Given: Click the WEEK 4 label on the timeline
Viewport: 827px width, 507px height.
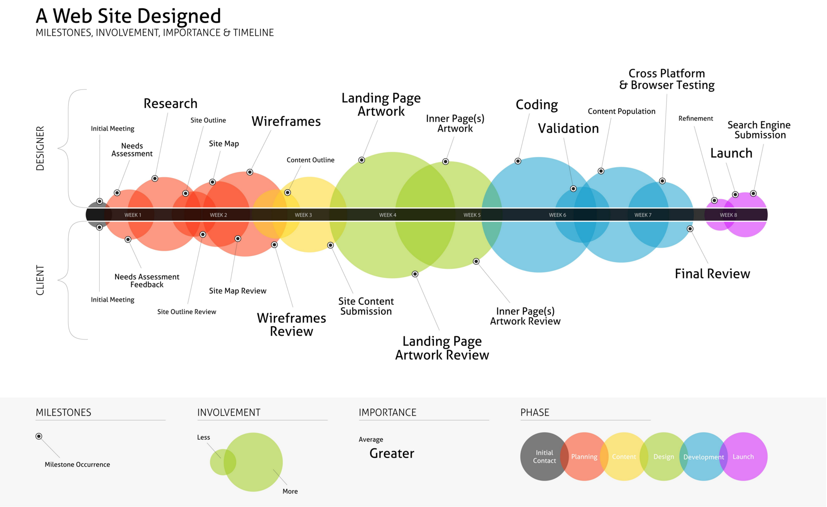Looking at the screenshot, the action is coord(388,215).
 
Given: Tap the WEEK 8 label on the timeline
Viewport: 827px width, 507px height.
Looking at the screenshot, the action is coord(729,215).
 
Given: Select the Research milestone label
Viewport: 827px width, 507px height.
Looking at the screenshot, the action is coord(171,104).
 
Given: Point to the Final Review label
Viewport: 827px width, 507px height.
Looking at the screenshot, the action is coord(712,274).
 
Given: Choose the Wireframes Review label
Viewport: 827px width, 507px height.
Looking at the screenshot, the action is coord(292,325).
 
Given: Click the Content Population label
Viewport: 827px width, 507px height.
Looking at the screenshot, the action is coord(621,111).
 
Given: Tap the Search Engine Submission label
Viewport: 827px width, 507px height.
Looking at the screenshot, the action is coord(759,130).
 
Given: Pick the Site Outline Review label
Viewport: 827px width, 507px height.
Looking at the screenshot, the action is coord(187,312).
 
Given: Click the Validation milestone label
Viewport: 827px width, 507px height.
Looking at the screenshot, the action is coord(568,129).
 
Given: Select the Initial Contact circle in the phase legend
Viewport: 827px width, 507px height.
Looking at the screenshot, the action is coord(544,456).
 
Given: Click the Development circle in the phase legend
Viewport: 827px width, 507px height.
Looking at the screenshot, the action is coord(703,456).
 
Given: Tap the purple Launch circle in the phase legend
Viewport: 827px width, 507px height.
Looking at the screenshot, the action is coord(743,456).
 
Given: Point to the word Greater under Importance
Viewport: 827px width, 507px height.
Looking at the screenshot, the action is coord(392,453).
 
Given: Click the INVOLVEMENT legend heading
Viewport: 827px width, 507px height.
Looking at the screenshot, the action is coord(229,413).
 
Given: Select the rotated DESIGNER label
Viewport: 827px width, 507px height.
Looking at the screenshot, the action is coord(40,148).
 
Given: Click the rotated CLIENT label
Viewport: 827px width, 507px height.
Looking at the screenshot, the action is coord(40,280).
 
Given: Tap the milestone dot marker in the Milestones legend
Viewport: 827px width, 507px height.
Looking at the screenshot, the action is coord(39,437).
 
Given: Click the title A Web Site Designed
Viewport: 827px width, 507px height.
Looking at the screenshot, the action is coord(128,16).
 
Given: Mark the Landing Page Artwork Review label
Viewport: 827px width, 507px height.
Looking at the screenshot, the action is coord(442,348).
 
